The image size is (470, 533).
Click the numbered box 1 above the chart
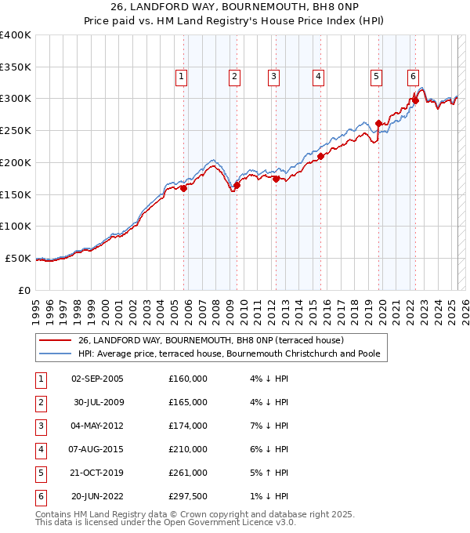tap(181, 76)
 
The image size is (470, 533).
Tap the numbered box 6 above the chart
tap(413, 76)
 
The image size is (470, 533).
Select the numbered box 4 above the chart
tap(319, 76)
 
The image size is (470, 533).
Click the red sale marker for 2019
tap(378, 123)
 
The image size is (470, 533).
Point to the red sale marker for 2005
tap(184, 188)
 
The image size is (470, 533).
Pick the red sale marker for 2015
tap(320, 156)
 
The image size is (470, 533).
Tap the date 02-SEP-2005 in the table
tap(96, 379)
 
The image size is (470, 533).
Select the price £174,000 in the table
tap(188, 426)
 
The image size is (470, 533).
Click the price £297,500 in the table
tap(188, 496)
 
